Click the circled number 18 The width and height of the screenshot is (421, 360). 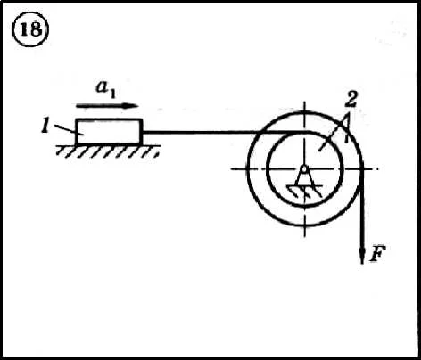[x=30, y=29]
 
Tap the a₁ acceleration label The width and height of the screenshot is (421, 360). [x=105, y=89]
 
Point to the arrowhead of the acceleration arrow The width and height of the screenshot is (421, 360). [x=131, y=106]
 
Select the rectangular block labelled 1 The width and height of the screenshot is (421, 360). [x=109, y=131]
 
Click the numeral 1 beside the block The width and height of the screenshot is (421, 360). [x=45, y=126]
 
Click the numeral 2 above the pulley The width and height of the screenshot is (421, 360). [x=351, y=99]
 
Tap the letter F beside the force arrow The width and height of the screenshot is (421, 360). [x=377, y=253]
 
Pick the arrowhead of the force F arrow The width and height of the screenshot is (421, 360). [x=362, y=256]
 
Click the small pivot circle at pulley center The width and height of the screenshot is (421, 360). [x=304, y=169]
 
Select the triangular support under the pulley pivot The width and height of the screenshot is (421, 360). [x=304, y=178]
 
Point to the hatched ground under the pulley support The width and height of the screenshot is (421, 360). [x=304, y=191]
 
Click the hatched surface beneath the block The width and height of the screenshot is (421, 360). [x=109, y=151]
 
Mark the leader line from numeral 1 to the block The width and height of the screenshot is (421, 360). [x=66, y=129]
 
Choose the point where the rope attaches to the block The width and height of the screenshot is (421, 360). [x=143, y=132]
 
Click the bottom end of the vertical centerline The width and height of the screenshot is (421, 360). [x=304, y=237]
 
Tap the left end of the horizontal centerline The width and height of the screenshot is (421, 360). [x=231, y=169]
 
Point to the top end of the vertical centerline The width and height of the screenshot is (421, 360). [x=304, y=102]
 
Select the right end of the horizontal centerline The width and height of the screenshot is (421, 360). [x=379, y=169]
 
